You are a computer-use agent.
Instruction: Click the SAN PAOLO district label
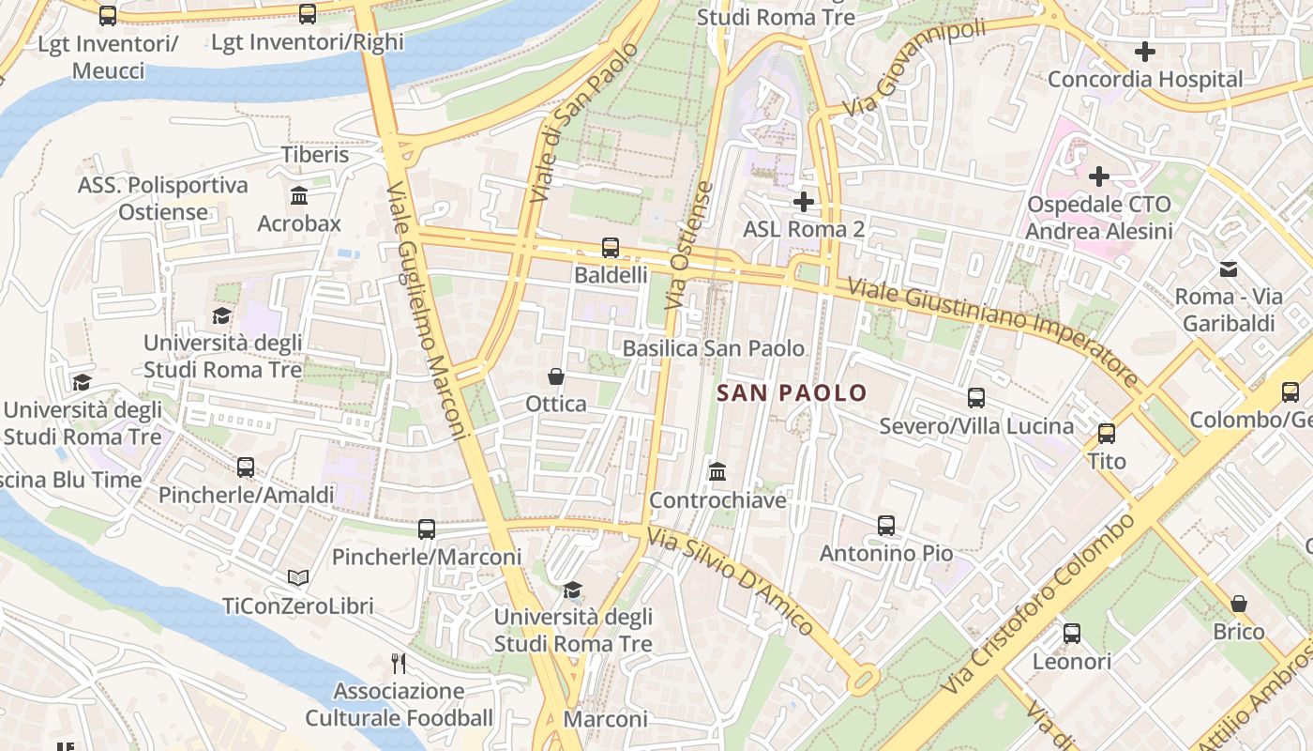click(x=792, y=392)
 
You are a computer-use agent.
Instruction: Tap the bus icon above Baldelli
click(x=611, y=248)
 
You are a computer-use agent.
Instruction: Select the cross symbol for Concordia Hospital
click(x=1144, y=52)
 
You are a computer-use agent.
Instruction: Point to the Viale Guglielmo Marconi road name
click(x=427, y=310)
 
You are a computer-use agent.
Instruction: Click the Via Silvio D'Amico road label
click(x=731, y=581)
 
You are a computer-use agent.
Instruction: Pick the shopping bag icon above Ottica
click(x=556, y=376)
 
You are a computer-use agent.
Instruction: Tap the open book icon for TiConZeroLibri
click(x=298, y=578)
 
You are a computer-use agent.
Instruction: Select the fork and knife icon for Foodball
click(x=399, y=664)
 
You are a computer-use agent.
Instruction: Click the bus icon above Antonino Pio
click(x=886, y=526)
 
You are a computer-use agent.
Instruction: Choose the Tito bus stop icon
click(x=1107, y=434)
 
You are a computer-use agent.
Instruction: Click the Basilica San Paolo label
click(x=714, y=348)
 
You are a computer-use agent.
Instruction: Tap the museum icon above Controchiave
click(x=717, y=471)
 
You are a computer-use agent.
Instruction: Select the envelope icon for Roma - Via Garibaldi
click(x=1229, y=269)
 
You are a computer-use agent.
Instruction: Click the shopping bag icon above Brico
click(x=1239, y=604)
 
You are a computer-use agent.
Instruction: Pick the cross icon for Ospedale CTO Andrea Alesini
click(x=1098, y=176)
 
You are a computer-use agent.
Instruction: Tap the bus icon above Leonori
click(x=1072, y=634)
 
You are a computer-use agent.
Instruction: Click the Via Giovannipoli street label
click(x=914, y=68)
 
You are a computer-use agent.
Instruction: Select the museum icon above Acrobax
click(x=299, y=196)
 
